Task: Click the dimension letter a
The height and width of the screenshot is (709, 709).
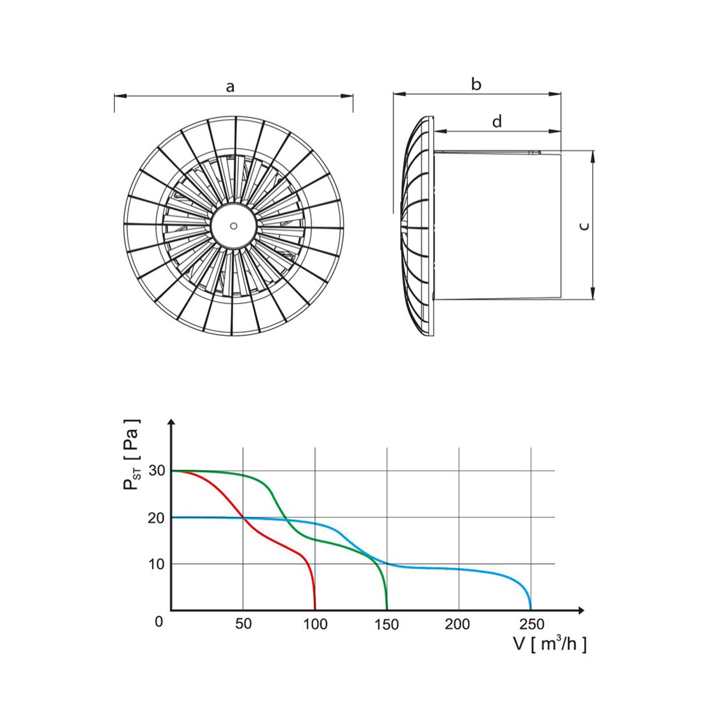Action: [x=230, y=87]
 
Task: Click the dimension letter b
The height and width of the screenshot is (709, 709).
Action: [x=476, y=85]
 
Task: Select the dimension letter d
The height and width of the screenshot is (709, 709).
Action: [x=497, y=121]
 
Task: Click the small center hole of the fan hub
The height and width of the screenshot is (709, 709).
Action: [x=233, y=226]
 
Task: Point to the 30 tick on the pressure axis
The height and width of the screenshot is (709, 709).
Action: [x=157, y=471]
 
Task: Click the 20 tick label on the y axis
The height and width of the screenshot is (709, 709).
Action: [x=157, y=518]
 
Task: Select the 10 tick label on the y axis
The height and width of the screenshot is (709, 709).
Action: [x=157, y=564]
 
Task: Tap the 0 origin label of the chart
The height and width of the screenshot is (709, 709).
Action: [x=159, y=622]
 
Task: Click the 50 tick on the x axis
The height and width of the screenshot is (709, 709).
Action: [x=243, y=624]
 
